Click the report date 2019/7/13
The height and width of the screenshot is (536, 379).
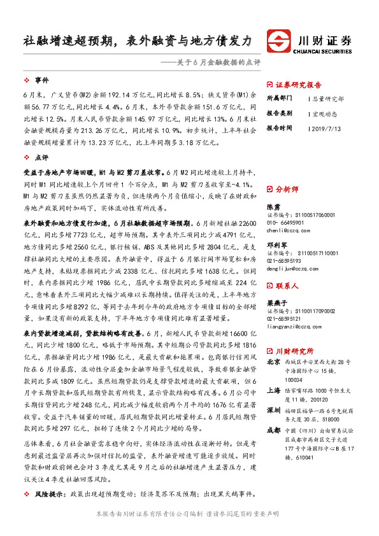pyautogui.click(x=327, y=127)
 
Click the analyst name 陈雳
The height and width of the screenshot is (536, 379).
pyautogui.click(x=273, y=208)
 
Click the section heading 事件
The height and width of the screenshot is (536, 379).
pyautogui.click(x=41, y=80)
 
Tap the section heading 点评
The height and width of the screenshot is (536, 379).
pyautogui.click(x=41, y=157)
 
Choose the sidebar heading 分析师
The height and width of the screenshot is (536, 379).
pyautogui.click(x=286, y=189)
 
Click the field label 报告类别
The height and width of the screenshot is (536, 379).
pyautogui.click(x=279, y=113)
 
